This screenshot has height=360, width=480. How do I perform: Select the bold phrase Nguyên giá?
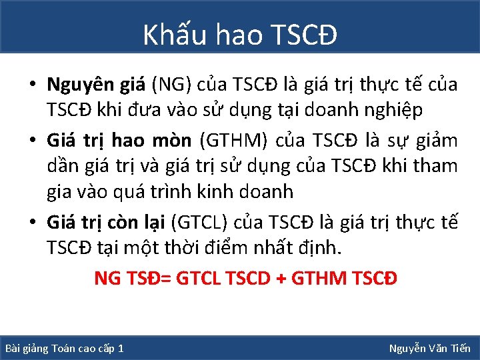tap(96, 85)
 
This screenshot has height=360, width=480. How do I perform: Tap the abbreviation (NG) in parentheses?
tap(171, 85)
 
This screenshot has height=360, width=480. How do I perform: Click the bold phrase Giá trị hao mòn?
tap(118, 141)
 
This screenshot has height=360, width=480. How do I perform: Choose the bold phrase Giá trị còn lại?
tap(106, 221)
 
